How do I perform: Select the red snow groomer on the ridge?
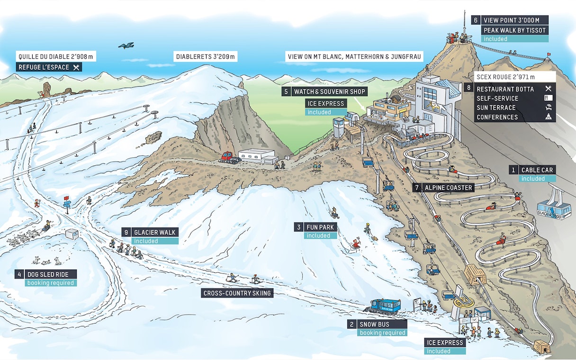(229, 157)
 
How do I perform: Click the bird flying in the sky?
(126, 45)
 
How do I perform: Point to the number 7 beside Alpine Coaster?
(417, 188)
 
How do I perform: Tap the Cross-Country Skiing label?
(237, 293)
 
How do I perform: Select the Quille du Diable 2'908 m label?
(56, 56)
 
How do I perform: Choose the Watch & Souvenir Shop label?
(324, 91)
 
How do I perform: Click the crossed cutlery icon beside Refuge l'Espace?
(76, 67)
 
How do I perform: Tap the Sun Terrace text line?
(496, 108)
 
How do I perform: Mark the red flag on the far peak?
(549, 54)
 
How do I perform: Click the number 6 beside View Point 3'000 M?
(476, 20)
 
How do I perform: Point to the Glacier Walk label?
(154, 232)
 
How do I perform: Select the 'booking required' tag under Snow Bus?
(382, 333)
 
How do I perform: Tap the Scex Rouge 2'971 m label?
(508, 77)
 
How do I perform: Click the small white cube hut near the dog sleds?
(72, 234)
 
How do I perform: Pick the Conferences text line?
(497, 117)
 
